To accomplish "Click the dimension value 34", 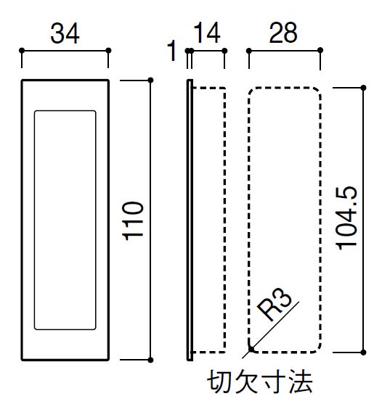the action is pos(65,33).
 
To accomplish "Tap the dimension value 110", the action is pos(133,220).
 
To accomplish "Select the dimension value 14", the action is pos(207,33).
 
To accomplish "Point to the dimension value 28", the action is pos(283,33).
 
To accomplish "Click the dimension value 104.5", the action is pos(346,218).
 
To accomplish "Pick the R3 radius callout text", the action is pos(275,304).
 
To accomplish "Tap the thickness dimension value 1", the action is pos(171,51).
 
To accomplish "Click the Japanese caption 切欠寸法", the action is pos(260,382).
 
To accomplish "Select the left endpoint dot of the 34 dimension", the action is pos(22,51).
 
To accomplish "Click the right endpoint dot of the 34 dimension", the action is pos(108,51).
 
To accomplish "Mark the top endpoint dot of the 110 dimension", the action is pos(150,81).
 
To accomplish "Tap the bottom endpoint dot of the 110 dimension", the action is pos(150,360).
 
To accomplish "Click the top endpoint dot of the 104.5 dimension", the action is pos(363,88).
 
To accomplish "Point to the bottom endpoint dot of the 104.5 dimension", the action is pos(363,353).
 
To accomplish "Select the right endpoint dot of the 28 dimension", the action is pos(320,51).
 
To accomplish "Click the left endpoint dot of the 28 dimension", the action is pos(249,51).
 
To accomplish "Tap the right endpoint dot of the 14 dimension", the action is pos(224,51).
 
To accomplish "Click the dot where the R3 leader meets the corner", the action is pos(251,350).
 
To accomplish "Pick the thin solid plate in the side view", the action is pos(190,220).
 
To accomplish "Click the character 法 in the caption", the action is pos(301,382).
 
